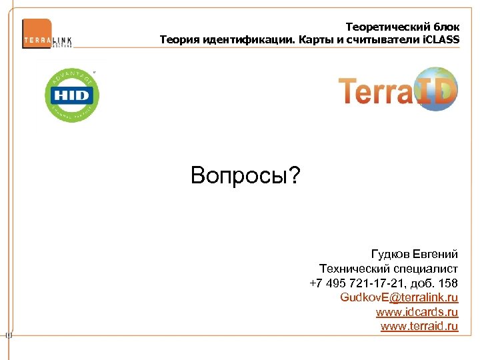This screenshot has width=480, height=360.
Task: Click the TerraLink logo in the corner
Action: click(x=47, y=33)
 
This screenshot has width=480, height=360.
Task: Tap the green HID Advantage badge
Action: click(x=72, y=95)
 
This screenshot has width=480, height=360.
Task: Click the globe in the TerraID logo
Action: click(x=434, y=89)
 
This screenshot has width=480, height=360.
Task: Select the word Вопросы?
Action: click(x=245, y=176)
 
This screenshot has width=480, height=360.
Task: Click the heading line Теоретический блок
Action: click(x=403, y=27)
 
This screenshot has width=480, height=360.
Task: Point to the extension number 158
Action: click(x=448, y=283)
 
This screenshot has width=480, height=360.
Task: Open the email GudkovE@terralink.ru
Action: click(x=399, y=297)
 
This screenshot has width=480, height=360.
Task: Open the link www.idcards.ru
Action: click(x=417, y=311)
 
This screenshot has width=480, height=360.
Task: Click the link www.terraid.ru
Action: click(x=419, y=325)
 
